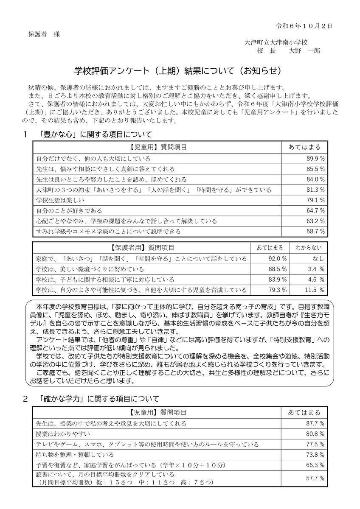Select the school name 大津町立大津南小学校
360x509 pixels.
(276, 42)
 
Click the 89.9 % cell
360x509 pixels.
(316, 159)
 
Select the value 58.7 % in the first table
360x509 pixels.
(316, 232)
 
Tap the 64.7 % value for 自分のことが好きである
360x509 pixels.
(316, 211)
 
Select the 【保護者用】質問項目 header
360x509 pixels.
(141, 248)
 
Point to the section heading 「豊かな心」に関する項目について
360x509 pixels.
(94, 135)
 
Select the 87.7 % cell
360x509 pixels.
(316, 423)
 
